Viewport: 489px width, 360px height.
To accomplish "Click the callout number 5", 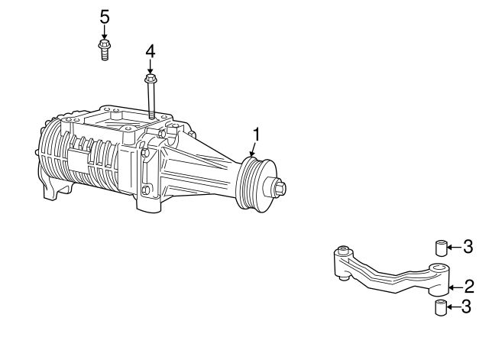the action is pos(105,17).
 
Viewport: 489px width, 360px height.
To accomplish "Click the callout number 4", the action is pos(151,51).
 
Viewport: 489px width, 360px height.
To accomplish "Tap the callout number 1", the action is pos(257,135).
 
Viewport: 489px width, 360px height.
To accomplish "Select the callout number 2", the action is pos(469,287).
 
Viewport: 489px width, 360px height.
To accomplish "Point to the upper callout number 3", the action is pos(468,246).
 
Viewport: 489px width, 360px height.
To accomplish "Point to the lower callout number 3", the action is pos(466,306).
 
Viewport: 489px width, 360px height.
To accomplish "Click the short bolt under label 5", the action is pos(105,50).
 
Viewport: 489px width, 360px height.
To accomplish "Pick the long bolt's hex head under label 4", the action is pos(151,78).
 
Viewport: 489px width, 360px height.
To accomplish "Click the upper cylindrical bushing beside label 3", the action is pos(442,248).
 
